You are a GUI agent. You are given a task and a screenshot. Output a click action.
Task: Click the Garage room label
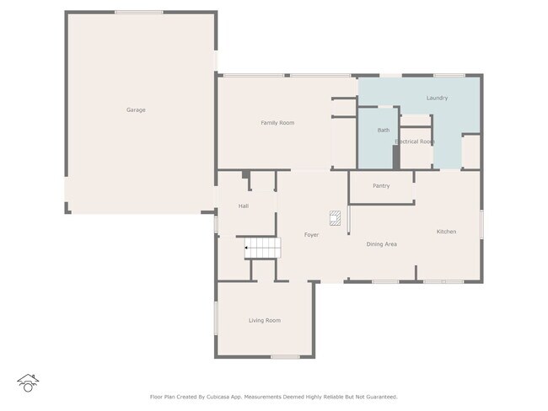136,110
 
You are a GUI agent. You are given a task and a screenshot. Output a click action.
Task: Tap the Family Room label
277,123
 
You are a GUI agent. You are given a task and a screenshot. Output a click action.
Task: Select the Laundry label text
437,99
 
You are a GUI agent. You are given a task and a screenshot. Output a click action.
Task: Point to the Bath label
384,131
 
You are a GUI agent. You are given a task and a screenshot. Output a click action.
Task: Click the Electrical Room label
415,141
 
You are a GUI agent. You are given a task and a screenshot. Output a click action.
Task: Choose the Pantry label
381,186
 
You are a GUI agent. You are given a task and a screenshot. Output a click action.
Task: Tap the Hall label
244,206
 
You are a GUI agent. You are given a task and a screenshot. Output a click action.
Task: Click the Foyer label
311,235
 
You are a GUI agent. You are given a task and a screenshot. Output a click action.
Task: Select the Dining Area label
381,244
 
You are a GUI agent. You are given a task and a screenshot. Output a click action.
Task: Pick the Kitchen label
446,232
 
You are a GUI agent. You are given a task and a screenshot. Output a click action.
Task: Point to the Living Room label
265,321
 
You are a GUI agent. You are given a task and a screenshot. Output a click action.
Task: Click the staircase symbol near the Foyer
262,248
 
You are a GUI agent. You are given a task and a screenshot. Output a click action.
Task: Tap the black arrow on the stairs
246,248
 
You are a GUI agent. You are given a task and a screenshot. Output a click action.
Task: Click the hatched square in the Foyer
335,218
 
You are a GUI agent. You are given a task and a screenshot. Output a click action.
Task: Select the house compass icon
28,383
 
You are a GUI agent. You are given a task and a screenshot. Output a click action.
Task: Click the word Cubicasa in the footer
218,397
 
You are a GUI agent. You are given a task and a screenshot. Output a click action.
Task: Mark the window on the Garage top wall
139,13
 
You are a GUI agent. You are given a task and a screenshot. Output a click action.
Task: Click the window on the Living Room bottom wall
285,357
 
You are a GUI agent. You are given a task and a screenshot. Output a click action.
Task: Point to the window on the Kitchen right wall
481,225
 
